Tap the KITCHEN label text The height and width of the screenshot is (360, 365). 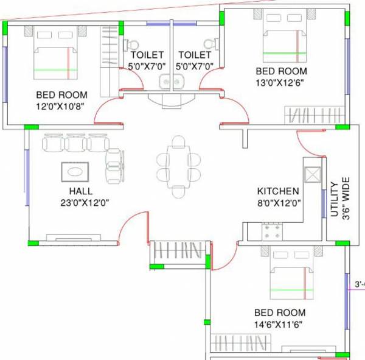[x=277, y=191]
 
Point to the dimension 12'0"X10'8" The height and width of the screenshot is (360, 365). [x=62, y=106]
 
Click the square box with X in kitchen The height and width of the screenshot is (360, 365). [x=311, y=174]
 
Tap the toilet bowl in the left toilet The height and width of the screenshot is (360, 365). [x=131, y=44]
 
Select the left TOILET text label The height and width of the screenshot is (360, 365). [x=146, y=55]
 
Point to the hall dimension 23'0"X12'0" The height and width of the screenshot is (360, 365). [x=80, y=202]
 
